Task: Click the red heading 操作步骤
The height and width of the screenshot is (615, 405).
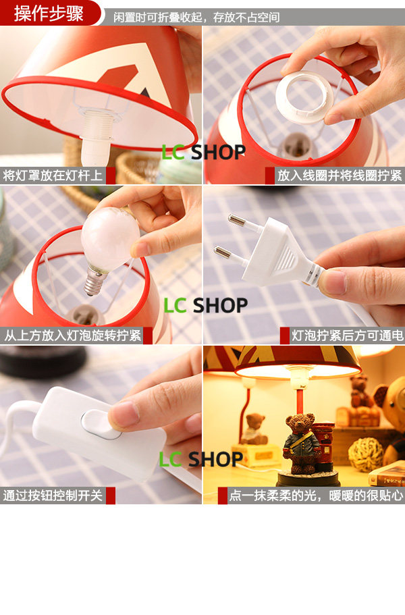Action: (49, 14)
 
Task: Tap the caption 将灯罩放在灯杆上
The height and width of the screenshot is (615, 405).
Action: (53, 175)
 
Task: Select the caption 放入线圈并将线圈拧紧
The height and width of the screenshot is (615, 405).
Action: (340, 175)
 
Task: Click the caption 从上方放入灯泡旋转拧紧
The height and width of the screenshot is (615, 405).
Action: (72, 336)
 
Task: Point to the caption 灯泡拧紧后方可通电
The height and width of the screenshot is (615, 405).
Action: (347, 336)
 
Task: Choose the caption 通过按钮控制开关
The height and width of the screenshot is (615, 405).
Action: (53, 496)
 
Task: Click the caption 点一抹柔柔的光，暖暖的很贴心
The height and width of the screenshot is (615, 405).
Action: (316, 496)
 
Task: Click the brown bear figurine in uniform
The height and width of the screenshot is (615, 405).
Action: (301, 444)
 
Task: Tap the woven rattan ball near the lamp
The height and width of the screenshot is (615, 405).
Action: (366, 455)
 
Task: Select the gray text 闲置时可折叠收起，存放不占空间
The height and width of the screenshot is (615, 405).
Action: (197, 18)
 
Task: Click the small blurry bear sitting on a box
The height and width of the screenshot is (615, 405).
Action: (254, 429)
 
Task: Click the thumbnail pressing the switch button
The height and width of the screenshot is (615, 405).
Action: (123, 415)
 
